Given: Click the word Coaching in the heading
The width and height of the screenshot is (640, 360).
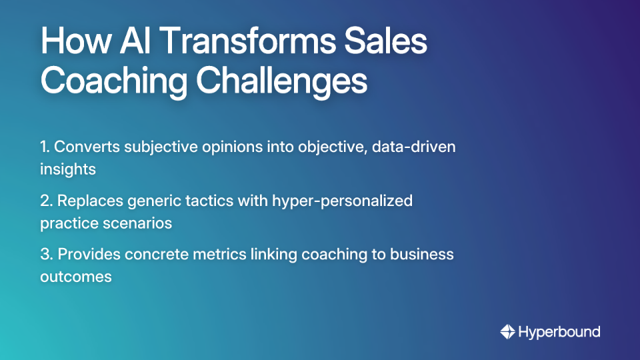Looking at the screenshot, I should click(113, 82).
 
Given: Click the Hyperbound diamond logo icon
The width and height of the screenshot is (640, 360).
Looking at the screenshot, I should click(508, 331).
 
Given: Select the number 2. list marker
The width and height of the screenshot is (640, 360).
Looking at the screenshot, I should click(46, 201).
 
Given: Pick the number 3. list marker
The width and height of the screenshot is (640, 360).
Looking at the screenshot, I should click(46, 254).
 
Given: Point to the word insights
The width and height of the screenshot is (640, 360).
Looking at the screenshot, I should click(67, 169).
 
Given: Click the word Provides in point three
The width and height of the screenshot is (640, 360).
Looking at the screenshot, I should click(85, 254).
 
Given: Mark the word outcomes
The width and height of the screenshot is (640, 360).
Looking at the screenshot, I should click(75, 276).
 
